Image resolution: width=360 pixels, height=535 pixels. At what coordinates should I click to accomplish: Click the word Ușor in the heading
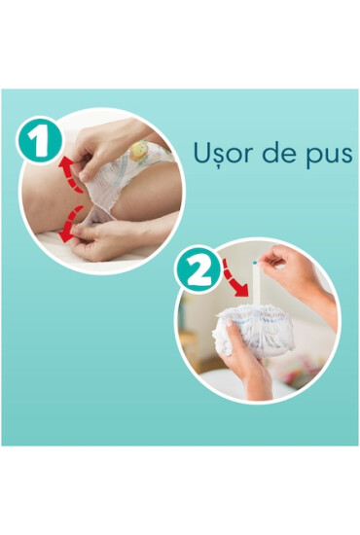[x=219, y=154]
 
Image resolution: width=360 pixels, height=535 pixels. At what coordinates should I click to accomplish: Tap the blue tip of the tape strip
[x=256, y=262]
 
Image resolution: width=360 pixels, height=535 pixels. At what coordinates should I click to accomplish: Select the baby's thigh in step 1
[x=44, y=209]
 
